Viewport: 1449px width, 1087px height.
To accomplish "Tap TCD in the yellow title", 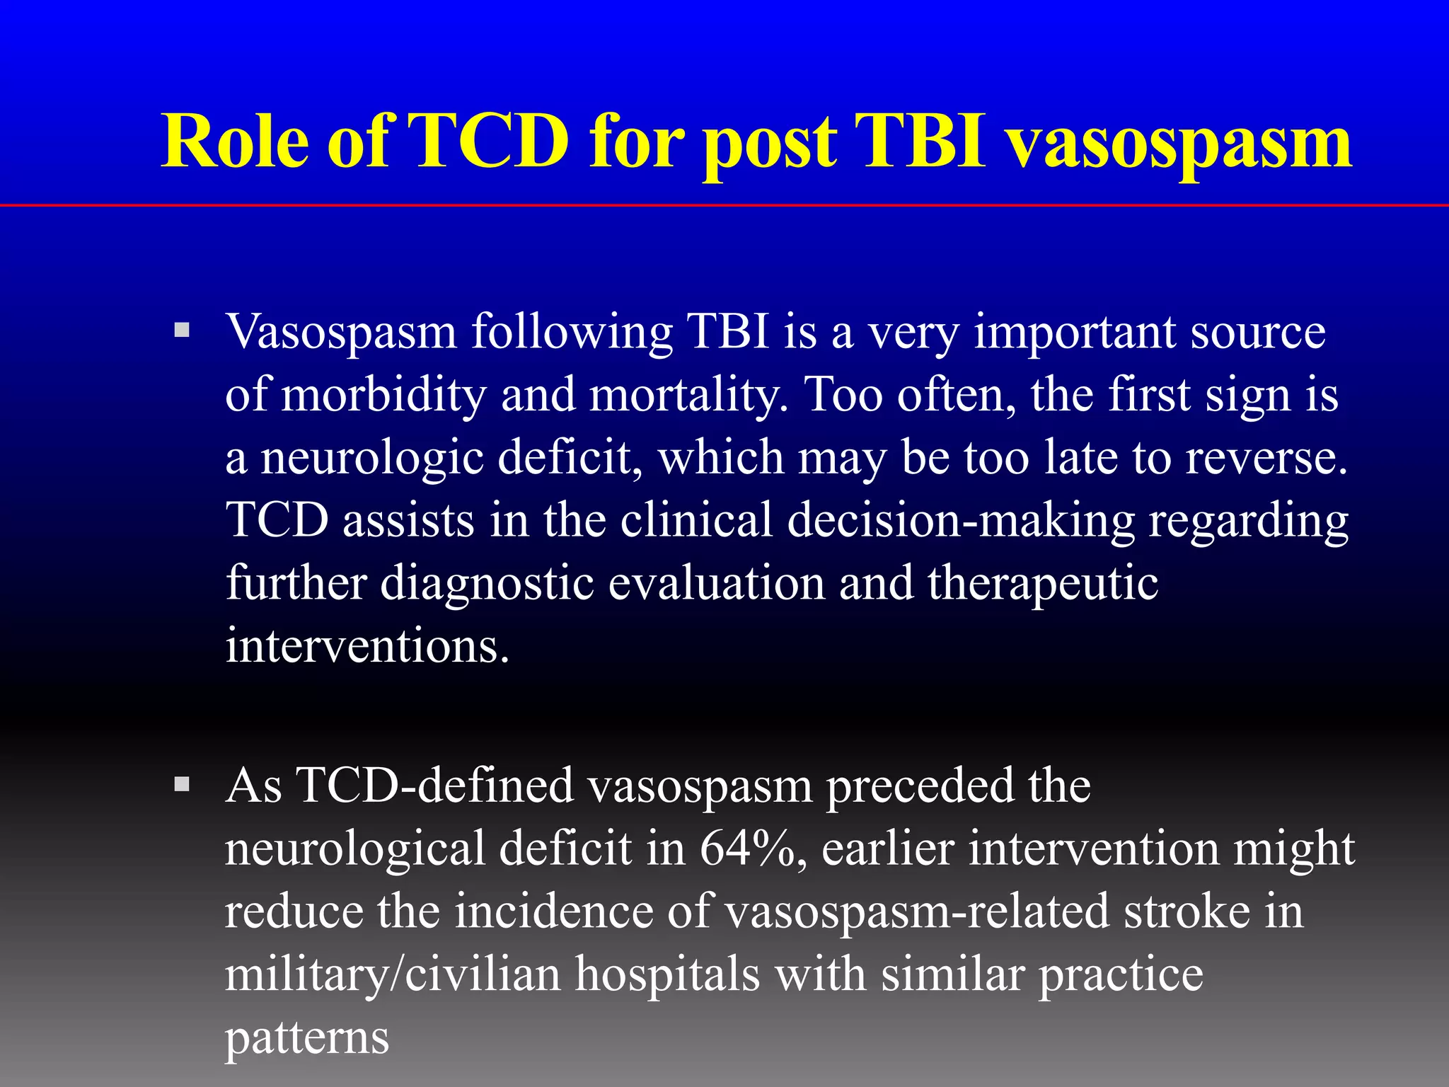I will click(487, 141).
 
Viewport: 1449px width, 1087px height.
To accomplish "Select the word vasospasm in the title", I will click(1179, 145).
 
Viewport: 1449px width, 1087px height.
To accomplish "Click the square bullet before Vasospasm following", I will click(182, 330).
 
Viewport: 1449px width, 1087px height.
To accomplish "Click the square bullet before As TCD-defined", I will click(182, 783).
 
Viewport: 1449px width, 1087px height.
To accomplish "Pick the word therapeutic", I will click(1043, 585).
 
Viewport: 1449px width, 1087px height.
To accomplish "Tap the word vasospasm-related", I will click(917, 911).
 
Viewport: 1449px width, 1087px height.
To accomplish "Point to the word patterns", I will click(307, 1038).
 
